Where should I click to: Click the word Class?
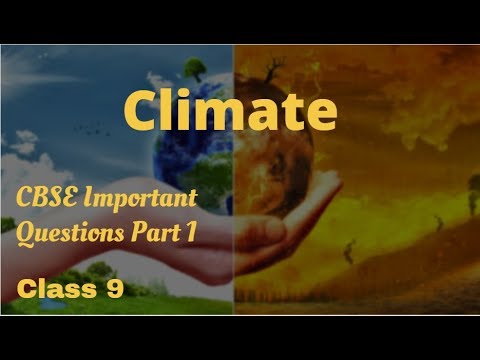click(49, 289)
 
